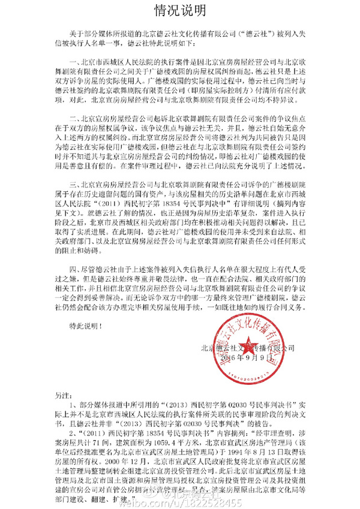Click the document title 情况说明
click(x=180, y=10)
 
